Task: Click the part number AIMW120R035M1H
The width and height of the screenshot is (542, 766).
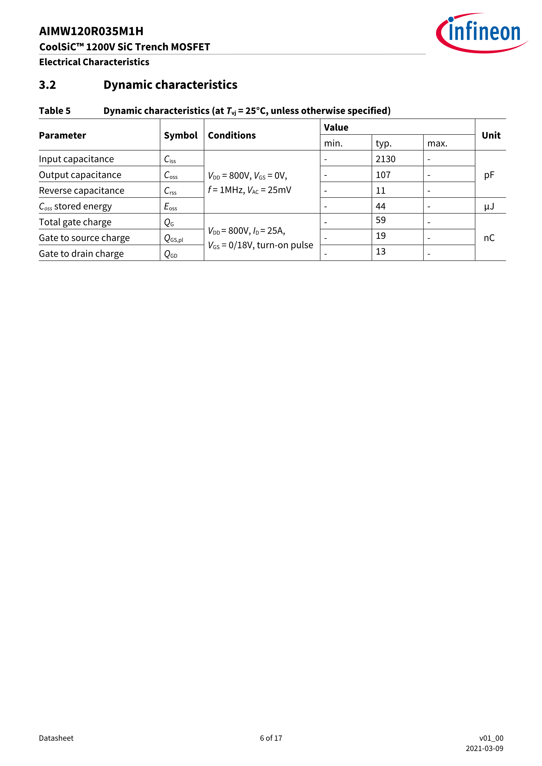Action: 91,31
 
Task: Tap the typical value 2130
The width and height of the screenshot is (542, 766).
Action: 386,159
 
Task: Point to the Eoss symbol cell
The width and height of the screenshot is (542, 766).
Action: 171,207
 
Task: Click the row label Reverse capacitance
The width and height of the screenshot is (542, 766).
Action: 81,190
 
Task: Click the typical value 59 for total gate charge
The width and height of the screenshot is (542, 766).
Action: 381,220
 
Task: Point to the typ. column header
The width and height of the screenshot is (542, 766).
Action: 383,143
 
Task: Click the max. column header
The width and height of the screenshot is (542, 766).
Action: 437,143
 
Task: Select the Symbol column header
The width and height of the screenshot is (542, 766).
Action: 180,135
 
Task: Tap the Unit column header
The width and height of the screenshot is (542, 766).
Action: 491,135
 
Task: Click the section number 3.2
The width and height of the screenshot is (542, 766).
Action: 47,85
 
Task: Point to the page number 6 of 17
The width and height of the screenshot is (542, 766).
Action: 271,738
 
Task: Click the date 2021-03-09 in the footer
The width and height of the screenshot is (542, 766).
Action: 484,748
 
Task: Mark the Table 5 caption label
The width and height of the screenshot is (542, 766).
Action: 55,111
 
